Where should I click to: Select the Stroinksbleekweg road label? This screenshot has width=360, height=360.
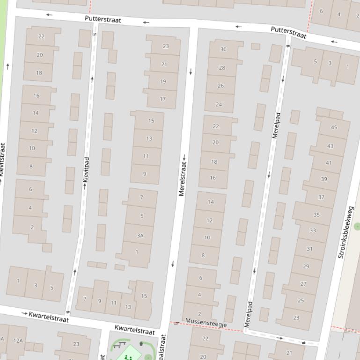346,232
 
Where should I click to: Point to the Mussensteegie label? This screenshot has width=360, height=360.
206,322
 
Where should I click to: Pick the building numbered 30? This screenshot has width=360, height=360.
223,50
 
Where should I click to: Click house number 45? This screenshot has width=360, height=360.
334,127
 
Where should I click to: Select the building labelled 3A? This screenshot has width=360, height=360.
140,236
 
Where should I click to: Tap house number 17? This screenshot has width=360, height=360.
162,99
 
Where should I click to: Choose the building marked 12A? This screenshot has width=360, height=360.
17,340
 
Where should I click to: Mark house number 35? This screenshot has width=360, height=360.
316,215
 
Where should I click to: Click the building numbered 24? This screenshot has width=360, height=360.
219,104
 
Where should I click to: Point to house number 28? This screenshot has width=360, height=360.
222,68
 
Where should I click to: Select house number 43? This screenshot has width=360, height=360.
331,146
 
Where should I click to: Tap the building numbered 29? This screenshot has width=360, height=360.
306,266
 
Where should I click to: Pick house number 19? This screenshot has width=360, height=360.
163,81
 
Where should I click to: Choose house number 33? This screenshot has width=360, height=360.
313,230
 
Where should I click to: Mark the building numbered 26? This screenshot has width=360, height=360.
220,86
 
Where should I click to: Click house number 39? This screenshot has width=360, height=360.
324,179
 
